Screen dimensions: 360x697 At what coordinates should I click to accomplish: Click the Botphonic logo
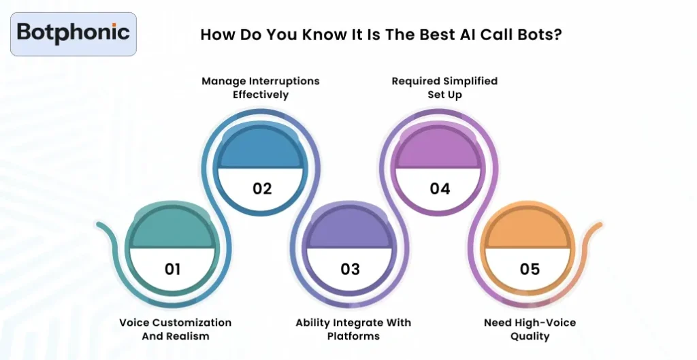tap(73, 33)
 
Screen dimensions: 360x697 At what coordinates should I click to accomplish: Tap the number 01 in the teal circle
tap(173, 269)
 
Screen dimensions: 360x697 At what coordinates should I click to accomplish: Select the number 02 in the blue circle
tap(262, 189)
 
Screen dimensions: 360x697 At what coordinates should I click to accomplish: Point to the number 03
tap(350, 269)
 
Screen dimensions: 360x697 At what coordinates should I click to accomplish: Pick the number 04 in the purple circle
tap(440, 189)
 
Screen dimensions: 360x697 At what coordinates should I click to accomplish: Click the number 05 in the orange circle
tap(530, 269)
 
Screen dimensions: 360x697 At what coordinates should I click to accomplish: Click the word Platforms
tap(353, 336)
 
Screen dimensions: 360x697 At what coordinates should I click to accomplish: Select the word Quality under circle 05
tap(530, 336)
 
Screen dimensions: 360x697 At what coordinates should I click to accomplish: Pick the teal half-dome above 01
tap(173, 231)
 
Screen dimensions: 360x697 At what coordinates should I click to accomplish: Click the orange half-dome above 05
tap(530, 231)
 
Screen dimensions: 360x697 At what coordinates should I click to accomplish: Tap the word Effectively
tap(261, 95)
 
